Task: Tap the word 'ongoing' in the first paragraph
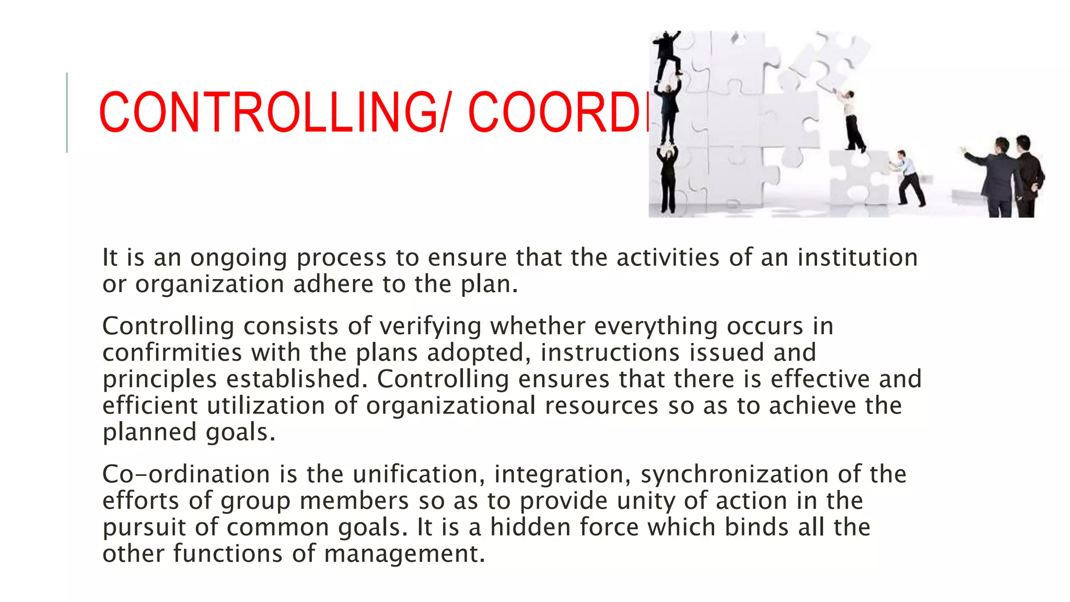pyautogui.click(x=238, y=258)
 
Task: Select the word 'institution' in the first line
pyautogui.click(x=857, y=257)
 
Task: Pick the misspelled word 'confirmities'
pyautogui.click(x=172, y=352)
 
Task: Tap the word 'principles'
pyautogui.click(x=159, y=380)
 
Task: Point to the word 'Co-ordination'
pyautogui.click(x=186, y=474)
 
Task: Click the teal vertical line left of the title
pyautogui.click(x=67, y=112)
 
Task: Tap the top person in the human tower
pyautogui.click(x=668, y=55)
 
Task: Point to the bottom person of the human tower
pyautogui.click(x=668, y=180)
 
